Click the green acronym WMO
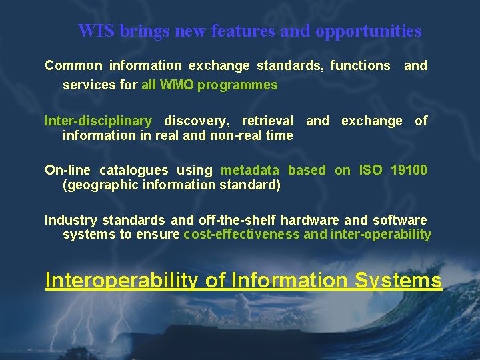pos(178,85)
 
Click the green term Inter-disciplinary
pos(98,121)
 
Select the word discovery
pos(195,121)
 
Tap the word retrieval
pos(267,121)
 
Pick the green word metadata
pos(251,170)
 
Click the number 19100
pos(408,170)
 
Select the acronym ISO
pos(371,170)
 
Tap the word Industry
pos(70,219)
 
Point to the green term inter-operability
pos(381,234)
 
